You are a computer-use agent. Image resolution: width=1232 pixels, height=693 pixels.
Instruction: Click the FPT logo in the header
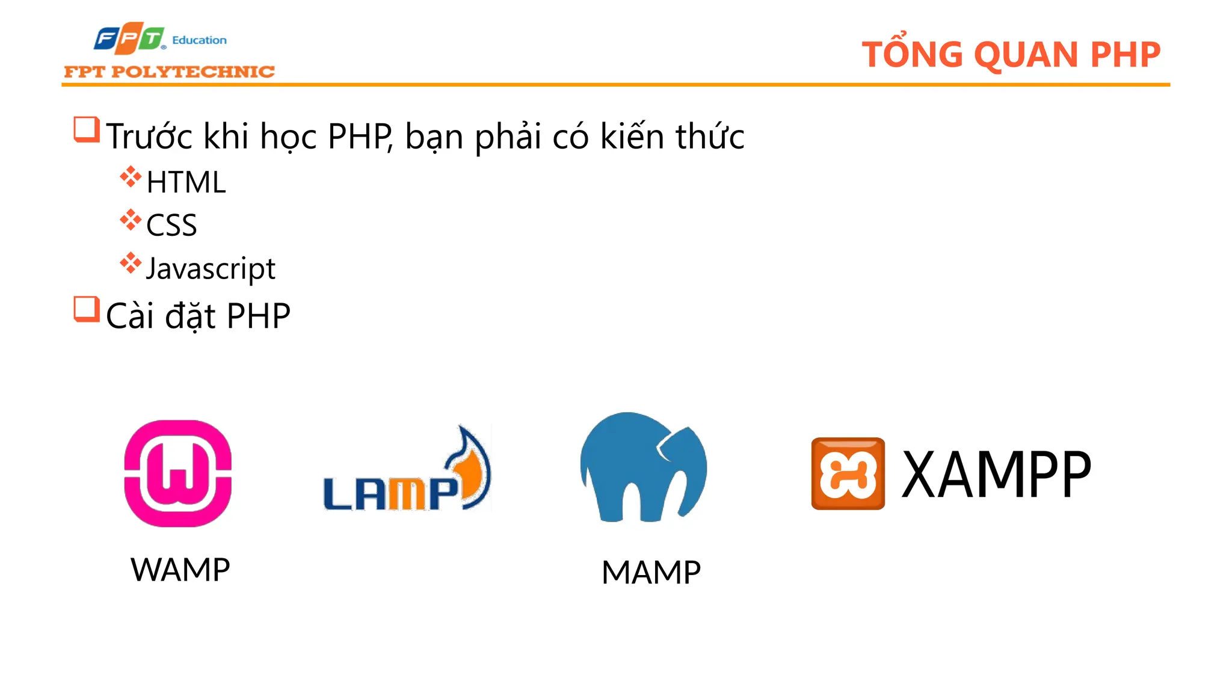coord(129,38)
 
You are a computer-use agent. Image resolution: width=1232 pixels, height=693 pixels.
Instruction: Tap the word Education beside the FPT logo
coord(199,40)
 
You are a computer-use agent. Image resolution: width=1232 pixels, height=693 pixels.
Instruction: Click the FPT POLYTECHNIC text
coord(169,72)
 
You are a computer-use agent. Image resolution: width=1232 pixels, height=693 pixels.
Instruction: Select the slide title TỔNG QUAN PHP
coord(1011,55)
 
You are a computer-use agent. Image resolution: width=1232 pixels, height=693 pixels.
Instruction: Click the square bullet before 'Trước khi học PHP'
coord(86,129)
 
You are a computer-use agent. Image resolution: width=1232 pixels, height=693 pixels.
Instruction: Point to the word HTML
coord(186,182)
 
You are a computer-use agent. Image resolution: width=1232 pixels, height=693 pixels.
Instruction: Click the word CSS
coord(171,226)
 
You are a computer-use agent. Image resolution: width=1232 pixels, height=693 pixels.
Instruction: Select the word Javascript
coord(211,268)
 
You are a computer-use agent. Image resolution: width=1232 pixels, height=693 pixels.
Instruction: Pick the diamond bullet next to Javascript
coord(131,263)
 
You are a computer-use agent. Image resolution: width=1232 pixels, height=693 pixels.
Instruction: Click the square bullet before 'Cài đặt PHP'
coord(86,309)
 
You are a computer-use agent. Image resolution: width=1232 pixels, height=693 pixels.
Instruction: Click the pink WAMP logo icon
coord(178,473)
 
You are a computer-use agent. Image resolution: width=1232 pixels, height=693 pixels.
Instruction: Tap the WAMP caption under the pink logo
coord(180,570)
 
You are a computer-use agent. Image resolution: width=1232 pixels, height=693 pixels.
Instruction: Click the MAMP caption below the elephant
coord(651,572)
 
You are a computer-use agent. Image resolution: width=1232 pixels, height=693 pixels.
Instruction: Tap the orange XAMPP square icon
coord(848,473)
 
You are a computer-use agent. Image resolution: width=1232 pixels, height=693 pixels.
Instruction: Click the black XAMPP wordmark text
coord(996,475)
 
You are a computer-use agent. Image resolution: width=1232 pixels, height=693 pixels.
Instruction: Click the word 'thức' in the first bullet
coord(710,136)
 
